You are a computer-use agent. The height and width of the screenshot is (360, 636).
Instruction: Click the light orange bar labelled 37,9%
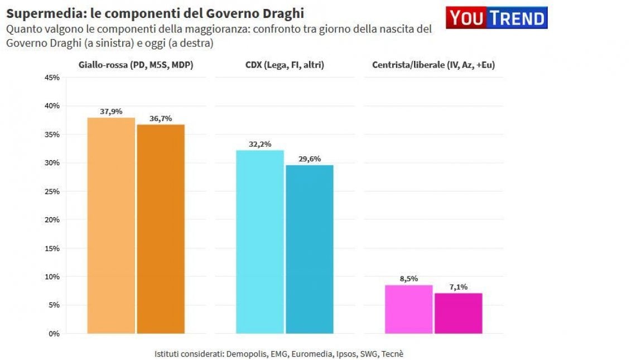pos(111,225)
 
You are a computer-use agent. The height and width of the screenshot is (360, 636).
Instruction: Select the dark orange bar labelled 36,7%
pos(161,229)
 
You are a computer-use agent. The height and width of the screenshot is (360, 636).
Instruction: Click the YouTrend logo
pos(497,18)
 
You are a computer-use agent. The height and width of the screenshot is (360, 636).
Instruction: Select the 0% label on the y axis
pos(54,334)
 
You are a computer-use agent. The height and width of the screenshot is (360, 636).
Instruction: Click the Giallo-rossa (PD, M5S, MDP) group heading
pos(136,65)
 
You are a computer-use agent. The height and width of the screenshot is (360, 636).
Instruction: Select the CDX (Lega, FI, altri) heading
pos(285,65)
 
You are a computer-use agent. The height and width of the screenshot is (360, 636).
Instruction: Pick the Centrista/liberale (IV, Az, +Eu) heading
pos(433,65)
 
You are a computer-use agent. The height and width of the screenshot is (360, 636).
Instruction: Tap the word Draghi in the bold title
pos(283,14)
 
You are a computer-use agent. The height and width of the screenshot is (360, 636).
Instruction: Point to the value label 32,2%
pos(260,144)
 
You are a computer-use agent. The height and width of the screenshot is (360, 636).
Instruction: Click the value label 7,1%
pos(459,287)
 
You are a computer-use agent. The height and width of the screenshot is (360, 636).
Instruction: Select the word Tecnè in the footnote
pos(392,354)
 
